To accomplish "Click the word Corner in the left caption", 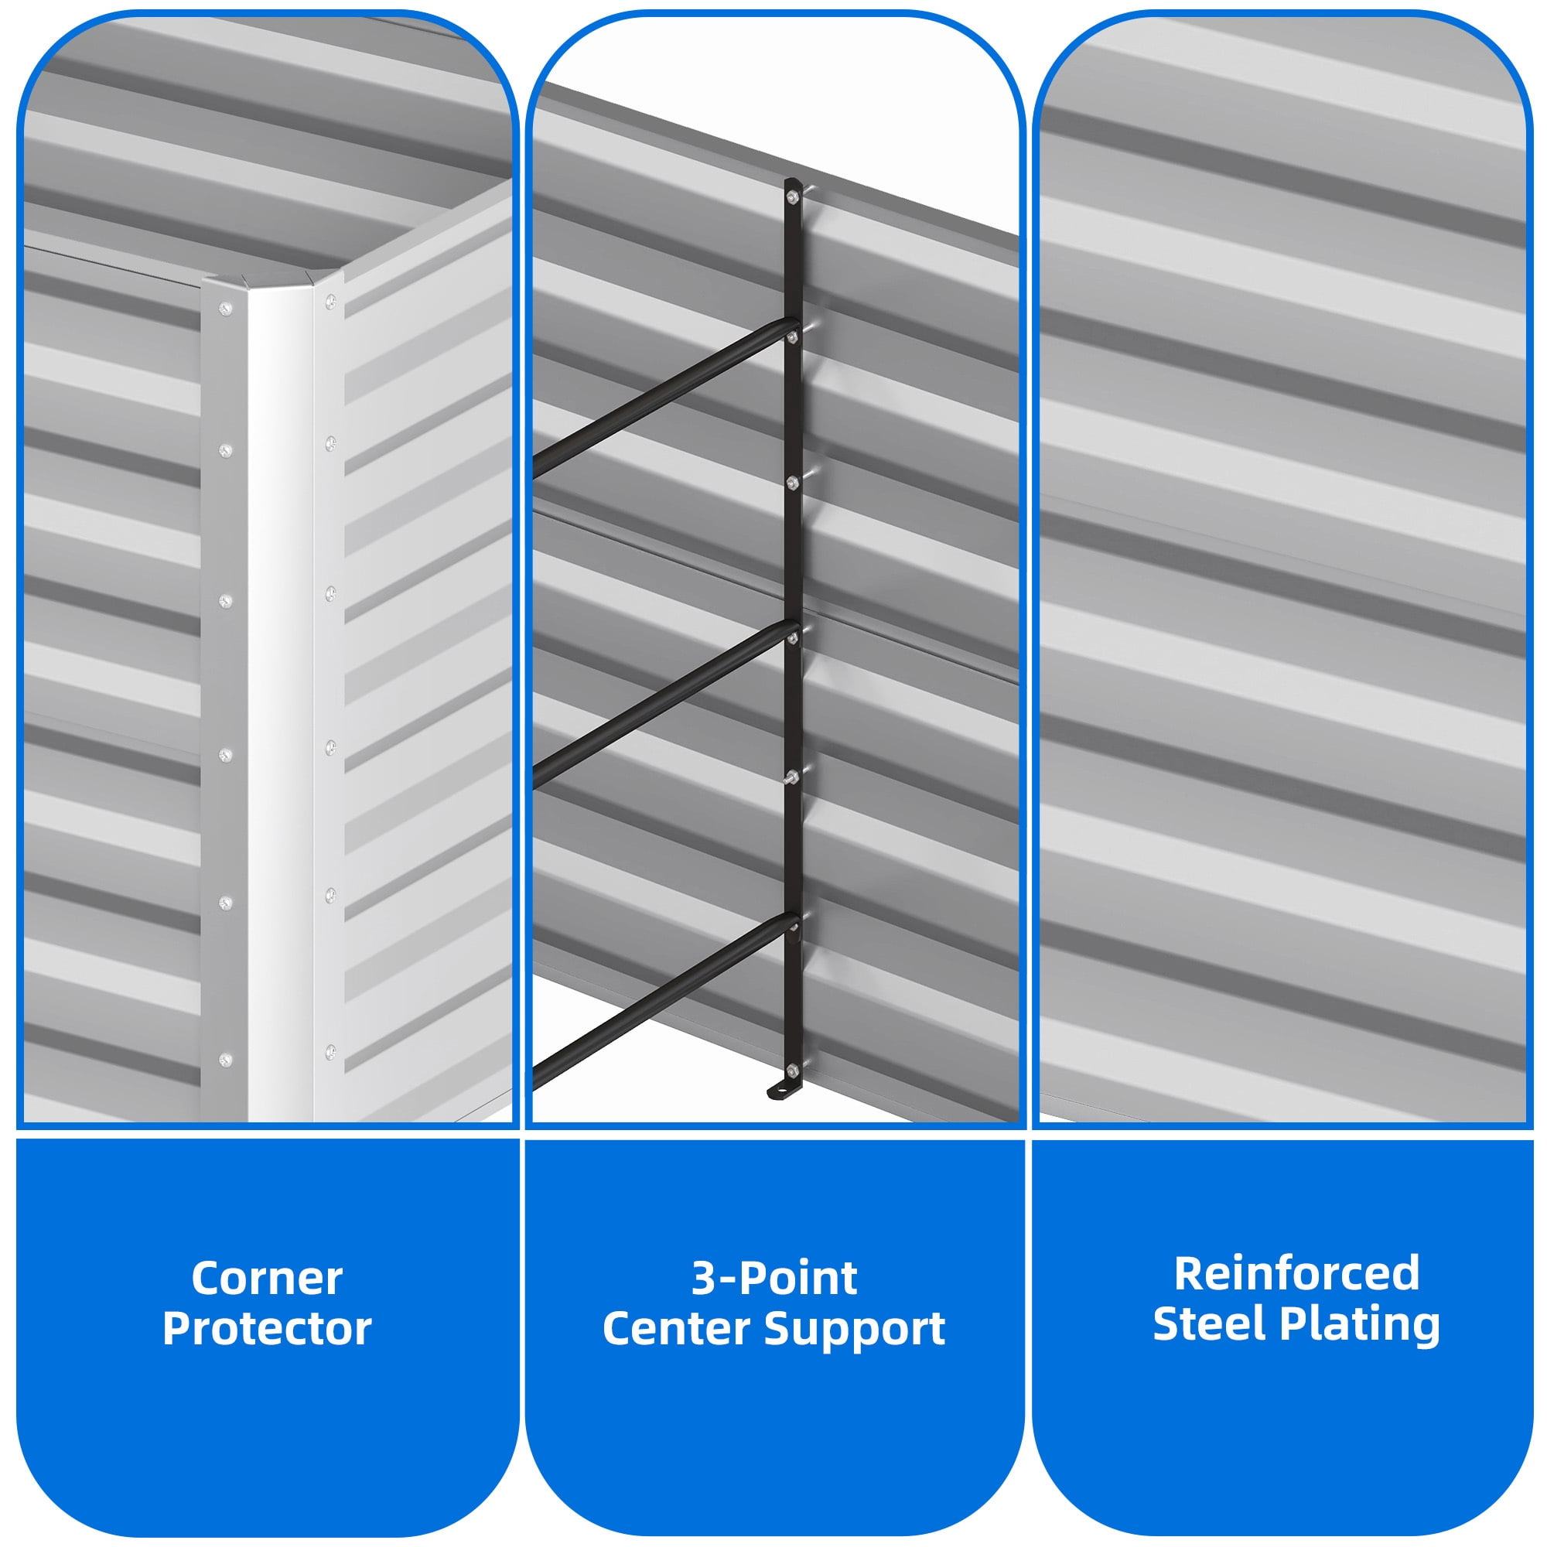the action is click(x=267, y=1279).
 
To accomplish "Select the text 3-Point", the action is click(x=774, y=1279).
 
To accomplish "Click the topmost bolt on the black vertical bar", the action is click(x=792, y=196).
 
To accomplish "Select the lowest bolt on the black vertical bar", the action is click(x=792, y=1069).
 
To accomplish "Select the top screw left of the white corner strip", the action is click(x=226, y=308).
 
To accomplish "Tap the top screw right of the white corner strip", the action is click(x=330, y=302).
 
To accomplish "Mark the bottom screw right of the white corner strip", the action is click(x=330, y=1050).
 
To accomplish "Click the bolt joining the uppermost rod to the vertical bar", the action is click(x=792, y=338).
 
